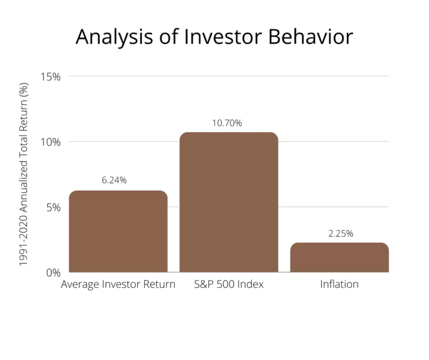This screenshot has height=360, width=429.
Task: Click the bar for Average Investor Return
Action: click(118, 231)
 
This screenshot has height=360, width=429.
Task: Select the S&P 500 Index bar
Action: click(228, 202)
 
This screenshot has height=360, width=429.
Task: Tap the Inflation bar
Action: click(340, 257)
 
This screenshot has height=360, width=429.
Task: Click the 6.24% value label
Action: click(114, 180)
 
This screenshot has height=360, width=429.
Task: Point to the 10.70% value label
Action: click(227, 123)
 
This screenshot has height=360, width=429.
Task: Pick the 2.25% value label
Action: click(341, 234)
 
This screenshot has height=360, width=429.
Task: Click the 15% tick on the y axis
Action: click(51, 77)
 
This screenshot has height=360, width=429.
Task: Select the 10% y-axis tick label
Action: click(51, 142)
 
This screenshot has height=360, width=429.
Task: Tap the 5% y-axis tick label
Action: click(54, 207)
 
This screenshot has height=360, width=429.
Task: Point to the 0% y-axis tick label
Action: click(54, 273)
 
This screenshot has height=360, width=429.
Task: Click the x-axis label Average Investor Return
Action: click(118, 285)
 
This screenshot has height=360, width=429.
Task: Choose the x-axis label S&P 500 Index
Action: click(228, 284)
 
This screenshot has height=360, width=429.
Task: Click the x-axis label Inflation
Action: click(339, 284)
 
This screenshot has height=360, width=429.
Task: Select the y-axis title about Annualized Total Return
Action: click(23, 174)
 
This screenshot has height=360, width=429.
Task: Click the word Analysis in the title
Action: click(115, 37)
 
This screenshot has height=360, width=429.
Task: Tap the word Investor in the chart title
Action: click(223, 37)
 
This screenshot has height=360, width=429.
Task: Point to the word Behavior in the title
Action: click(311, 37)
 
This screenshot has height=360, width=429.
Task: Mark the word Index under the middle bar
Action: click(251, 284)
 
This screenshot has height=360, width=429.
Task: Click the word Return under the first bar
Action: click(159, 284)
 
